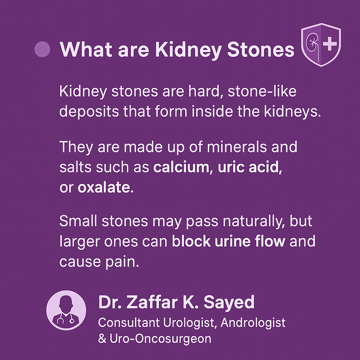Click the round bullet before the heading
coord(42,49)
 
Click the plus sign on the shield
coord(330,43)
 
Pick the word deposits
coord(89,112)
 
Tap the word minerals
coord(237,147)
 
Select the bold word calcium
coord(181,167)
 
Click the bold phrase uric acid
coord(248,167)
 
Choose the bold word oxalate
coord(104,187)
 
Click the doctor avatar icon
coord(66,310)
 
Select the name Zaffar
coord(152,302)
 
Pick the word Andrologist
coord(253,323)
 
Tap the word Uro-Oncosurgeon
coord(160,339)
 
